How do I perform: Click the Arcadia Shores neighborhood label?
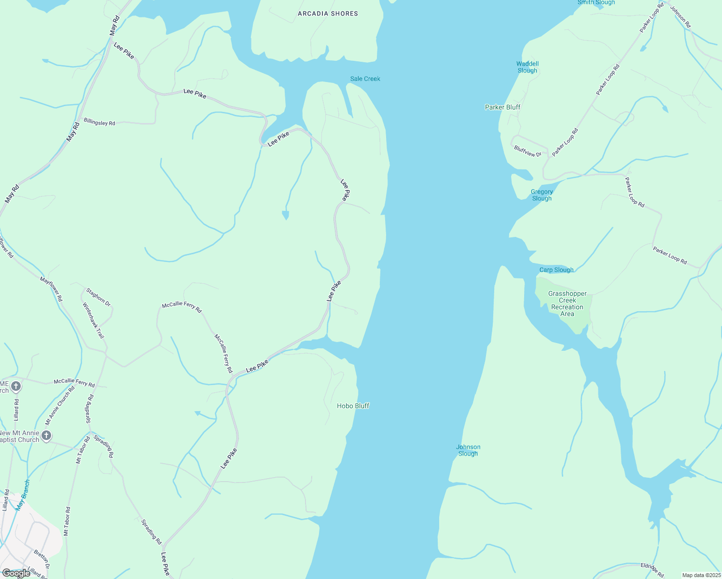click(x=328, y=14)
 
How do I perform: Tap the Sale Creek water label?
click(x=365, y=79)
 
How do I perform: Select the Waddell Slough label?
click(x=527, y=67)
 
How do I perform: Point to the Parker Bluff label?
click(x=502, y=107)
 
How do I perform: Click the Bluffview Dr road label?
click(x=528, y=151)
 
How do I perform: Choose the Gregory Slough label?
click(x=541, y=195)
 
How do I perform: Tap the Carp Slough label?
click(x=556, y=270)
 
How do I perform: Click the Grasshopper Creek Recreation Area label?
click(x=567, y=303)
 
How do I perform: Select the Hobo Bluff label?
click(x=353, y=406)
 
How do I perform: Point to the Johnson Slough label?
click(x=468, y=450)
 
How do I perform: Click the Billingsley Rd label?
click(x=99, y=122)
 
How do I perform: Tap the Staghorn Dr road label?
click(x=98, y=297)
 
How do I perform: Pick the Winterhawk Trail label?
click(x=93, y=320)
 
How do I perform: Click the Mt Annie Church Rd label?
click(x=60, y=405)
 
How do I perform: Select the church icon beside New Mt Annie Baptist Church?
click(x=46, y=436)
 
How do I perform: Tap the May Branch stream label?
click(x=23, y=495)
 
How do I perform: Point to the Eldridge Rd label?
click(x=652, y=570)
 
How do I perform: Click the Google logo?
click(x=16, y=573)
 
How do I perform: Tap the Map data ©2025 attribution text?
click(x=701, y=575)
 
